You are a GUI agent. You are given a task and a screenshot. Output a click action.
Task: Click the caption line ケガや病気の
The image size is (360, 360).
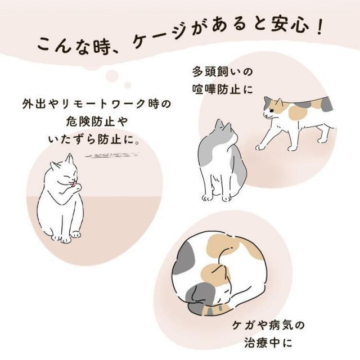point(262,326)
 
